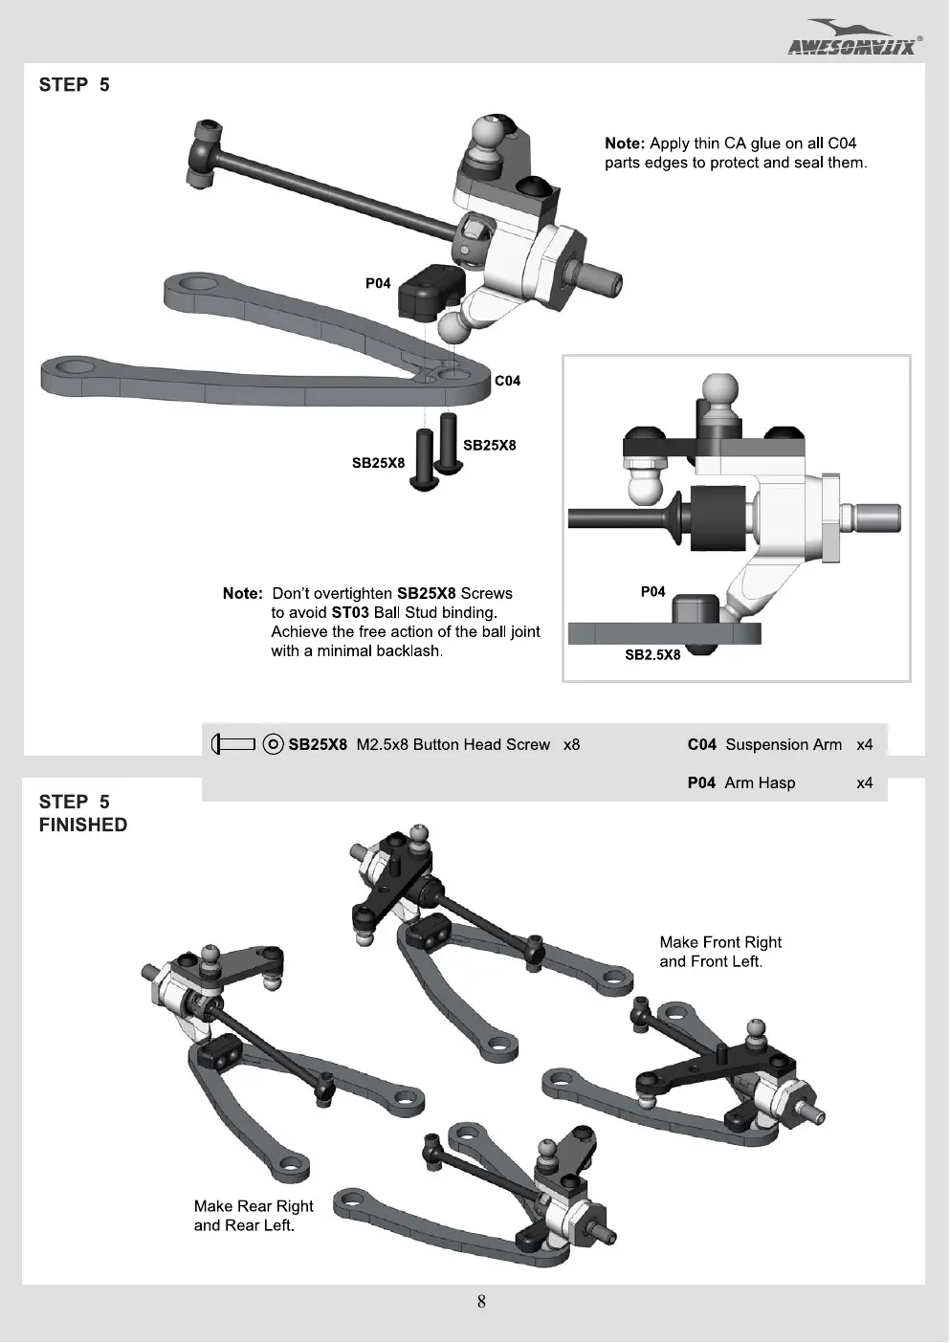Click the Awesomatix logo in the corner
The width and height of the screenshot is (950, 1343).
[854, 37]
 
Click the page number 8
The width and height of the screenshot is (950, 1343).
[481, 1302]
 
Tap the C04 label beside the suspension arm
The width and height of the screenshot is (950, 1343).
[507, 381]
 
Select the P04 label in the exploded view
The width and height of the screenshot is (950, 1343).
[378, 283]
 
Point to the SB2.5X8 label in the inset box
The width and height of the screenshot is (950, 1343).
[652, 654]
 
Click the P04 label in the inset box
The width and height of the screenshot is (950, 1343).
[653, 592]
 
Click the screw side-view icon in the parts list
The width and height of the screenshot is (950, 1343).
[233, 744]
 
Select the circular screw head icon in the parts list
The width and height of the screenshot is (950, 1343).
[273, 744]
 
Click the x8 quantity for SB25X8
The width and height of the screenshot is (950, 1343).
[571, 744]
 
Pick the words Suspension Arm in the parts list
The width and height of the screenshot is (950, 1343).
[784, 744]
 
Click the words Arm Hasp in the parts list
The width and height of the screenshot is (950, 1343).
[760, 783]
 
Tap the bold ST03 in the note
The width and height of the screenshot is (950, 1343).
[349, 613]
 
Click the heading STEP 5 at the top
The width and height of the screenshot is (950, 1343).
[75, 85]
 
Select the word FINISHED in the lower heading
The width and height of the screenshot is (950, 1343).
[83, 825]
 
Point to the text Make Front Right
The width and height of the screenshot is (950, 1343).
[720, 942]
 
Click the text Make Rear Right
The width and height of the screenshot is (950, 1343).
[254, 1206]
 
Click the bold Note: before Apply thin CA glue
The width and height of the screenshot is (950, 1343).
[625, 143]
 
